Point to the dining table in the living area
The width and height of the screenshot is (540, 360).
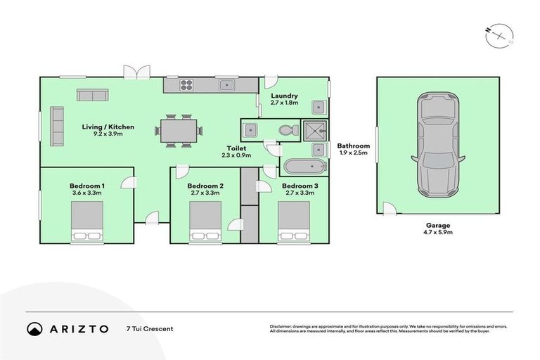(178, 130)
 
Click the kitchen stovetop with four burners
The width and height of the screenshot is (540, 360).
(188, 85)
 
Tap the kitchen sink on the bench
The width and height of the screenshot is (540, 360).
(226, 86)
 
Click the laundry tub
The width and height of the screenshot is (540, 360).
(319, 108)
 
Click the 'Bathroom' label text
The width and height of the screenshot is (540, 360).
(354, 146)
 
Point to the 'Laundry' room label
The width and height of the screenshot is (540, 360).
(284, 96)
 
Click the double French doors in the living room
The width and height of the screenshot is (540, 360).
(137, 72)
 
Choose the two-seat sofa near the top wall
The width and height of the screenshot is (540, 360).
(92, 96)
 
